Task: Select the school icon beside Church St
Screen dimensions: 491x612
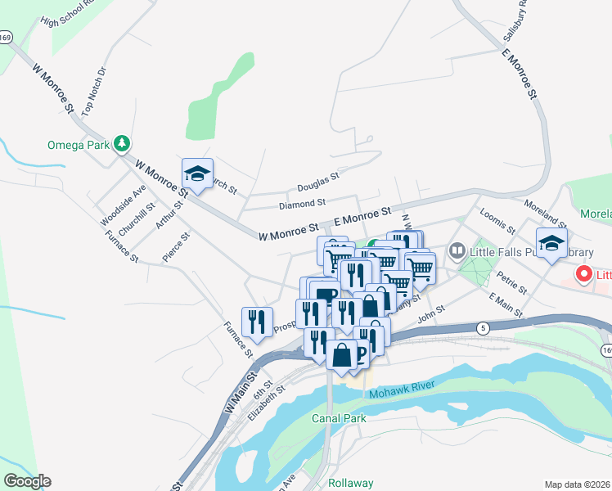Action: pyautogui.click(x=197, y=174)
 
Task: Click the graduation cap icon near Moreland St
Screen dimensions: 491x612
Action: pyautogui.click(x=551, y=243)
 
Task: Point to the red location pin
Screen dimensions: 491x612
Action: pyautogui.click(x=584, y=274)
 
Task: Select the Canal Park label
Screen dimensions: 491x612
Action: pyautogui.click(x=339, y=418)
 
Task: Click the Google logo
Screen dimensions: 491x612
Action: pyautogui.click(x=27, y=481)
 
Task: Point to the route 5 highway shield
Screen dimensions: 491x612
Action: pyautogui.click(x=484, y=328)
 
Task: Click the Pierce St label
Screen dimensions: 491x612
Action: pyautogui.click(x=176, y=246)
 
